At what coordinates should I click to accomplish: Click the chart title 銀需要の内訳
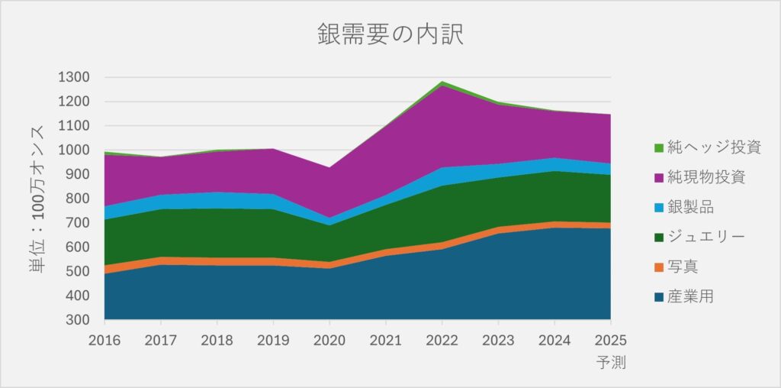[390, 35]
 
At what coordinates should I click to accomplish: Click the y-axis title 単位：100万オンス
[37, 198]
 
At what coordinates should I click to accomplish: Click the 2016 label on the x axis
[104, 339]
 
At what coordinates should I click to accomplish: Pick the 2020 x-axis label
[329, 339]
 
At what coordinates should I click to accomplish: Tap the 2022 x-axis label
[442, 339]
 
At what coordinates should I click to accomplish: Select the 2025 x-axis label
[610, 339]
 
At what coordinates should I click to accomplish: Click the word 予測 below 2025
[610, 362]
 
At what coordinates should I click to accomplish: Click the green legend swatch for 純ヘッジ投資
[658, 147]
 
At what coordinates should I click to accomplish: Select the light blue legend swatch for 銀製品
[658, 207]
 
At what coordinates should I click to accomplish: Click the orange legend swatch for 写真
[658, 267]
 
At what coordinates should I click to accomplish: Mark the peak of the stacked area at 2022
[442, 82]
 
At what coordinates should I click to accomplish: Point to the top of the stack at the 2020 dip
[329, 167]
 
